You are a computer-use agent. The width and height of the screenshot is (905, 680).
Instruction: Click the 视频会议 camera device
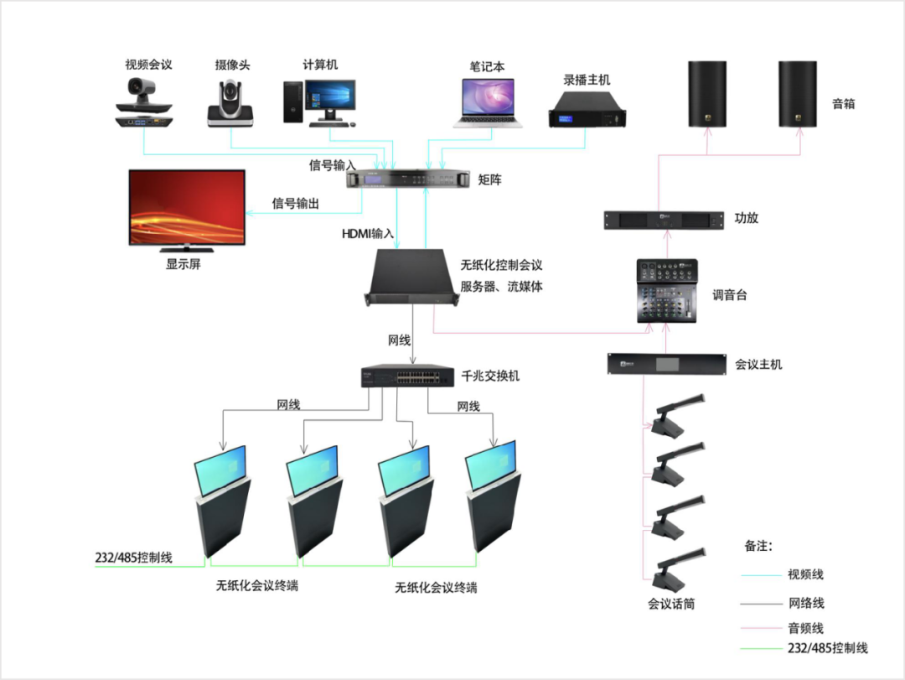tap(147, 104)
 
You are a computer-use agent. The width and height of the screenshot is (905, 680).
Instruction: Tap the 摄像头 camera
tap(230, 106)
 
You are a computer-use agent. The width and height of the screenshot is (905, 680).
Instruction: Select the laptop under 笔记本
tap(489, 103)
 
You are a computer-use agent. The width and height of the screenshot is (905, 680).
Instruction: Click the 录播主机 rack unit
tap(587, 109)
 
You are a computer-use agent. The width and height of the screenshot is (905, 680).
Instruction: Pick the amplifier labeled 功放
tap(663, 221)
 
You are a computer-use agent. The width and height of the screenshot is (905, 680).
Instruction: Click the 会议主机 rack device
tap(665, 365)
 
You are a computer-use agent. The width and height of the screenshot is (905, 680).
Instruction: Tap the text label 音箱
tap(843, 104)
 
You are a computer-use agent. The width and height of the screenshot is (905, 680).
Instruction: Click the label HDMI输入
tap(367, 232)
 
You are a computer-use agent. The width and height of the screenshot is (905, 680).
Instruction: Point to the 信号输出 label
tap(296, 203)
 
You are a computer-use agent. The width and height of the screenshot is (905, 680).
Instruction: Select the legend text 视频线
tap(805, 574)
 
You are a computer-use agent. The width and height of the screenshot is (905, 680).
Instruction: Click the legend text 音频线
tap(805, 627)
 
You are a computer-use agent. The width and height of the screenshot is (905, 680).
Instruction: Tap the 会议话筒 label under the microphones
tap(671, 603)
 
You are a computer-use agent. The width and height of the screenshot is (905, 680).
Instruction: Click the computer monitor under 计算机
tap(330, 101)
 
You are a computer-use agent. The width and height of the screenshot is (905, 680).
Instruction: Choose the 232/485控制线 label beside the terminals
tap(134, 557)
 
